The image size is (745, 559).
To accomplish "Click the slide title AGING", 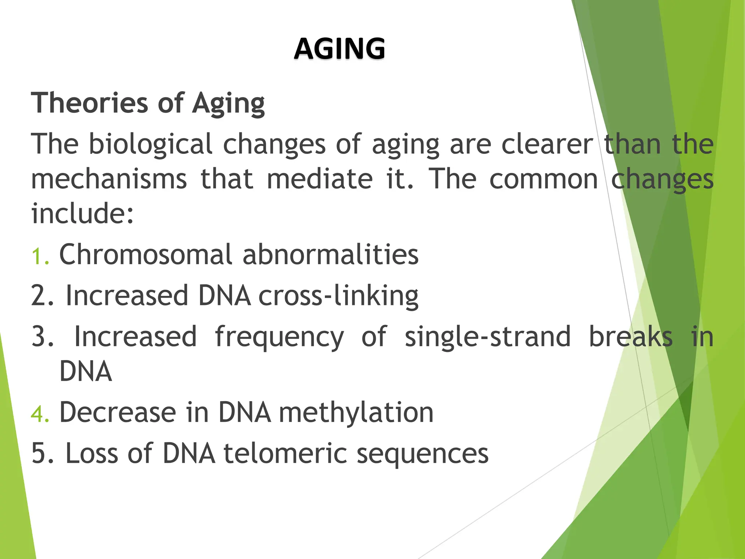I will (x=339, y=49).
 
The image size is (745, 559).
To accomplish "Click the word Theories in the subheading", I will (x=89, y=103).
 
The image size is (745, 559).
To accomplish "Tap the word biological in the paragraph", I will (x=151, y=144).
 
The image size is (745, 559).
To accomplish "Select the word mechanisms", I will (x=109, y=179).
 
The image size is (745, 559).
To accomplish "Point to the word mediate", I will (x=320, y=179).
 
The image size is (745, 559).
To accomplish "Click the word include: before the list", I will (x=83, y=214).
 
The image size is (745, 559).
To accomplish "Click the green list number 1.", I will (x=39, y=256).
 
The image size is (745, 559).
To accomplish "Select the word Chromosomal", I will (x=146, y=254).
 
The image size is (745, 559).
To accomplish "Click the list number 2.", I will (x=42, y=296).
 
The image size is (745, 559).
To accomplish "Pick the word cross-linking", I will (x=338, y=296).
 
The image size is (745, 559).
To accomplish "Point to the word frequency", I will (x=279, y=337).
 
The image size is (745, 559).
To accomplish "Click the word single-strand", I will (x=487, y=337).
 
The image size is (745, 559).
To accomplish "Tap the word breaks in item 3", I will (x=630, y=337).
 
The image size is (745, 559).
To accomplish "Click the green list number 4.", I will (x=39, y=414).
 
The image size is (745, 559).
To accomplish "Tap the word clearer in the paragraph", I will (x=547, y=144).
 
